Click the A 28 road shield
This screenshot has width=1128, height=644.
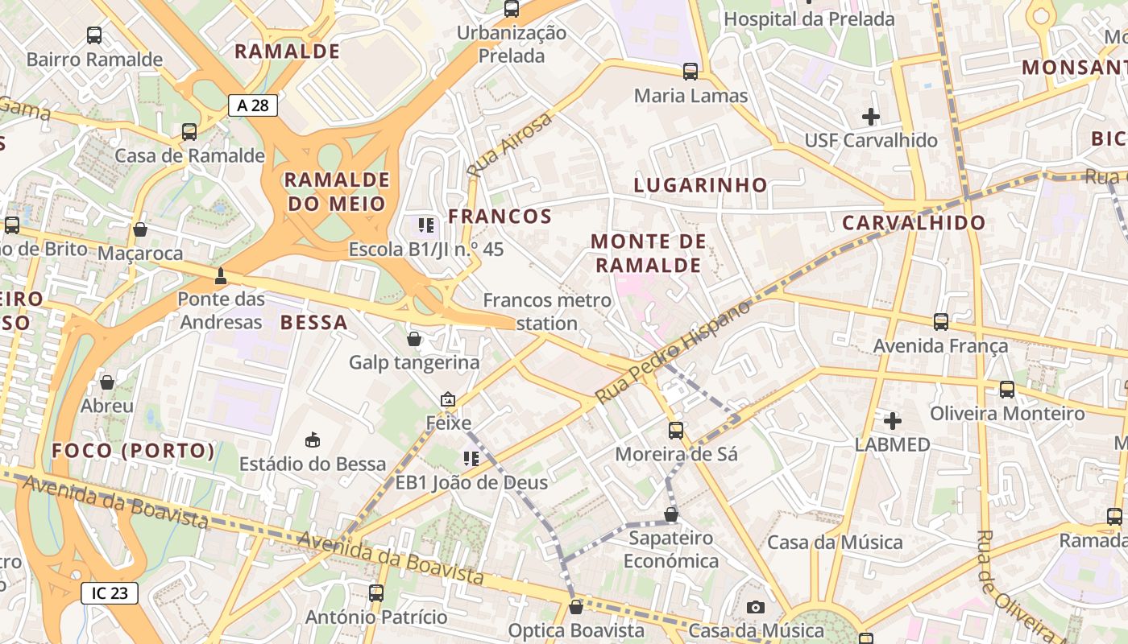click(252, 105)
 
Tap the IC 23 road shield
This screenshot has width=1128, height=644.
click(110, 593)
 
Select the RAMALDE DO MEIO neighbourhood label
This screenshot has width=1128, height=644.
click(337, 191)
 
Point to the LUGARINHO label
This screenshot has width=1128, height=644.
click(700, 184)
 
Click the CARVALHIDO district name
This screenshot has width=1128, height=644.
click(913, 223)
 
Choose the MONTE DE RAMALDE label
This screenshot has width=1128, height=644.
click(649, 253)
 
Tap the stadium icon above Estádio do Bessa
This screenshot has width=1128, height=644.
click(313, 440)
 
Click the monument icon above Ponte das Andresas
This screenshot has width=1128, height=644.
click(220, 277)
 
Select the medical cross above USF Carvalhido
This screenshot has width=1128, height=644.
click(870, 117)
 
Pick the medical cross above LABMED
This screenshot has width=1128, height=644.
click(892, 420)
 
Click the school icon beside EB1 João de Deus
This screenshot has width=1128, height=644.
click(471, 459)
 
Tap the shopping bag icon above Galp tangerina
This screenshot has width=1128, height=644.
click(414, 339)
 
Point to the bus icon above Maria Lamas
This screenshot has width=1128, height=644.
click(690, 72)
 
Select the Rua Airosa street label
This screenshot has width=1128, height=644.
click(510, 146)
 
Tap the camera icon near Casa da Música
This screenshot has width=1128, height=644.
click(755, 607)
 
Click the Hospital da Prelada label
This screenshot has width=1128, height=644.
click(809, 19)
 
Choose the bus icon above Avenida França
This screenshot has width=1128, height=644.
click(940, 322)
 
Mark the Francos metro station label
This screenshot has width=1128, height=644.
click(547, 312)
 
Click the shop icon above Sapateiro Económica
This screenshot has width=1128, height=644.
click(671, 514)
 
